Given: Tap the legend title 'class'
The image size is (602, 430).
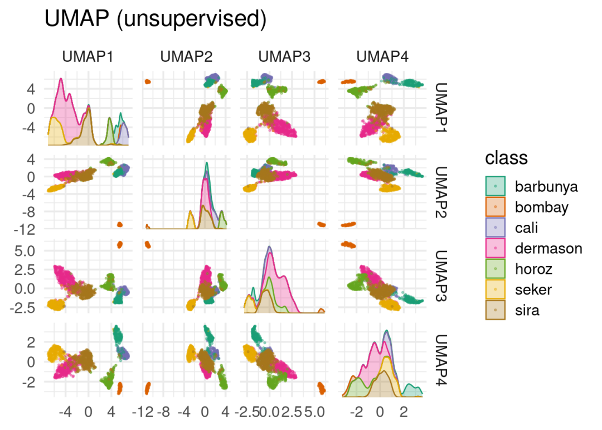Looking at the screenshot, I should (x=506, y=158).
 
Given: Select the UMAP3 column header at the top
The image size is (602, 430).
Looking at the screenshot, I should (x=284, y=57).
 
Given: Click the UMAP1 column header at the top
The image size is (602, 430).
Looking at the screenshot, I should (x=88, y=57).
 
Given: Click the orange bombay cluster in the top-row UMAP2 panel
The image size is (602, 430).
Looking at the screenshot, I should (x=148, y=82).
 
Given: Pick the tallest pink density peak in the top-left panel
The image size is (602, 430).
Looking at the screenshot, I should (x=60, y=79).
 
